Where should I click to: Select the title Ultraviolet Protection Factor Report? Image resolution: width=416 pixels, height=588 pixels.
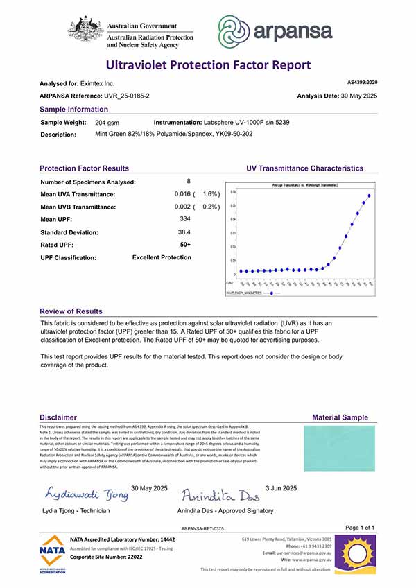point(208,65)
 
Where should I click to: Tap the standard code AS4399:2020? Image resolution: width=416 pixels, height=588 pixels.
point(361,82)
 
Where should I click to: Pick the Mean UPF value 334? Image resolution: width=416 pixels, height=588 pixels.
point(184,219)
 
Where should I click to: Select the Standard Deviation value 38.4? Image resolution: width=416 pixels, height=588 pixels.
point(184,232)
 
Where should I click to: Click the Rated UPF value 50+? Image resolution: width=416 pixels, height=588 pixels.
point(185,245)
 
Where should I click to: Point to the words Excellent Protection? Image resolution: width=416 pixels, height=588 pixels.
point(162,257)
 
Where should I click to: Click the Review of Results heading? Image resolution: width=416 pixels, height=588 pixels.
point(71,311)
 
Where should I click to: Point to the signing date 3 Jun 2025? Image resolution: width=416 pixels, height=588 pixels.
point(281,487)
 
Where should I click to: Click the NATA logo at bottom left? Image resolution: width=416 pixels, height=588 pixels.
point(54,552)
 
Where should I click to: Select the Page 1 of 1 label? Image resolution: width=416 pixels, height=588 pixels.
point(359,528)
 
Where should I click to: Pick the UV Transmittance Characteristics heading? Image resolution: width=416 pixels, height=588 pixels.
point(304,168)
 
